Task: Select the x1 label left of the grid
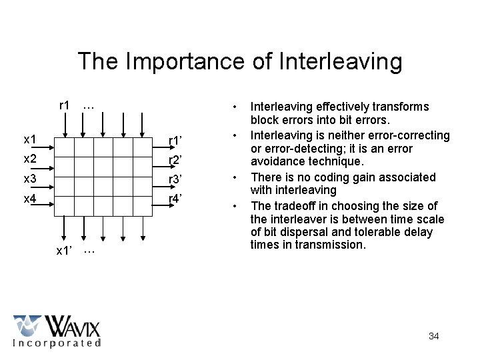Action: click(30, 140)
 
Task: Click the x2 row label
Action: click(30, 159)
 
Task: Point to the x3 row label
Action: click(30, 179)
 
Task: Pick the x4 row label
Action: click(30, 198)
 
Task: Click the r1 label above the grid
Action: click(65, 105)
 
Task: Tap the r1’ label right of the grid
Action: click(176, 141)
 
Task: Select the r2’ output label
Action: click(176, 160)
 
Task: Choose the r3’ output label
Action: click(176, 179)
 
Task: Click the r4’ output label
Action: click(176, 198)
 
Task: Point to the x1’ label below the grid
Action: click(67, 251)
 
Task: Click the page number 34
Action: click(433, 336)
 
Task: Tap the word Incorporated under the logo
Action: click(57, 343)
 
